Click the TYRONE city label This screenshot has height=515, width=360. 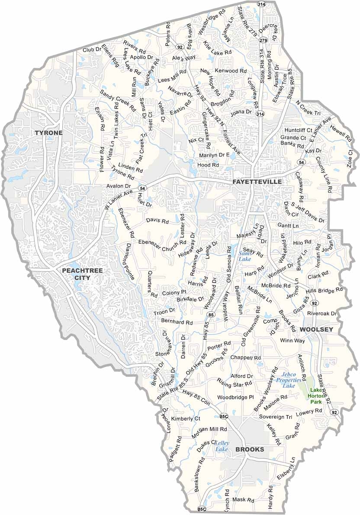(x=49, y=133)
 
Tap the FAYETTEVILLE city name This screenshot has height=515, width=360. (x=257, y=182)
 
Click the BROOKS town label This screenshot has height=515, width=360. (x=250, y=450)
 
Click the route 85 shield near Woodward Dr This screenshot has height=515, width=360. (x=210, y=314)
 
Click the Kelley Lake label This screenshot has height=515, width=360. (x=222, y=446)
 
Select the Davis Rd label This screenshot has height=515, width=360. (x=157, y=221)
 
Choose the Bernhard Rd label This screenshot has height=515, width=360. (x=177, y=322)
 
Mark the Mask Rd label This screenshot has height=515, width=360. (x=243, y=500)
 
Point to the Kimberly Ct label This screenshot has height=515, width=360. (x=186, y=419)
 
